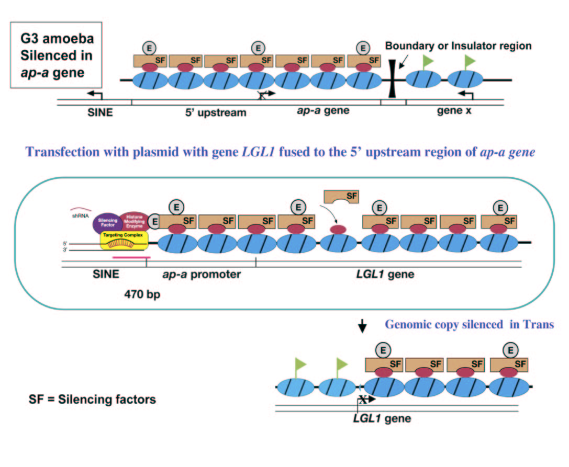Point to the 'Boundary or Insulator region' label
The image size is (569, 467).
tap(458, 46)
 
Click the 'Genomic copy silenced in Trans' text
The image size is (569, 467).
tap(469, 324)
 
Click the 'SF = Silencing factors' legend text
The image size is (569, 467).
tap(92, 400)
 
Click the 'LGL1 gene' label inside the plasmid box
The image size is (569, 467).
tap(387, 274)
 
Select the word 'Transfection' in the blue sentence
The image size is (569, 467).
tap(58, 152)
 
